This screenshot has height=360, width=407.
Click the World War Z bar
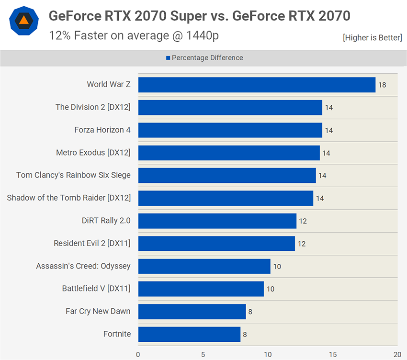tap(257, 85)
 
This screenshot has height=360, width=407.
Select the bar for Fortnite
tap(189, 334)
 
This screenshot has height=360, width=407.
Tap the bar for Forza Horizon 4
tap(230, 130)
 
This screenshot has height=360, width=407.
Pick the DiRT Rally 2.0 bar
tap(217, 221)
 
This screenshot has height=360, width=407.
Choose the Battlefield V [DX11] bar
tap(201, 289)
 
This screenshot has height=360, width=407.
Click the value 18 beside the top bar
tap(382, 85)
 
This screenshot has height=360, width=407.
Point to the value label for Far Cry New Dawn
tap(250, 312)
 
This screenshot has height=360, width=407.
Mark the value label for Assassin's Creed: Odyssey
tap(277, 266)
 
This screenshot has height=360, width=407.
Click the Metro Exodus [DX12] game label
tap(93, 153)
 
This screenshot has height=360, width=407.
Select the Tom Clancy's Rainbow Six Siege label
tap(73, 175)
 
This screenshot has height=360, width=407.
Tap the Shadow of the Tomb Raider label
tap(68, 198)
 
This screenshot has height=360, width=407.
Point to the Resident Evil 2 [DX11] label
tap(92, 243)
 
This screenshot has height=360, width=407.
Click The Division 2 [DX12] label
tap(93, 107)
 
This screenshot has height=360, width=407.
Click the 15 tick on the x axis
tap(333, 355)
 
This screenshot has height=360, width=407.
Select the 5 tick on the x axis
tap(203, 355)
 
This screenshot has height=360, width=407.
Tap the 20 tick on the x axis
tap(397, 355)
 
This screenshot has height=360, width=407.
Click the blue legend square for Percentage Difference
tap(168, 58)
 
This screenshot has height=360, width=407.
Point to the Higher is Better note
tap(372, 37)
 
